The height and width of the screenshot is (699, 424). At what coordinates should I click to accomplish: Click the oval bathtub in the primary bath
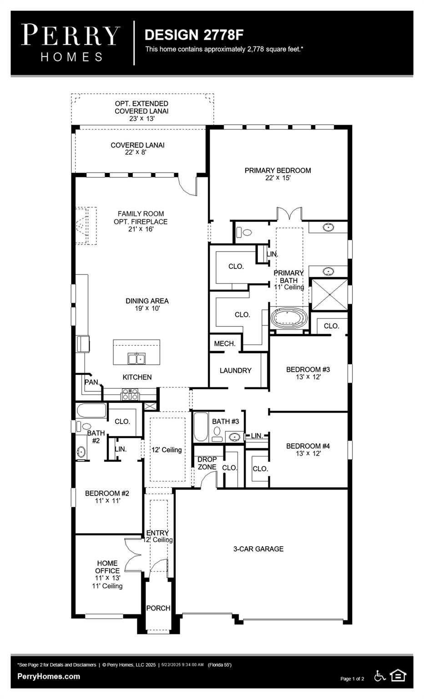click(289, 318)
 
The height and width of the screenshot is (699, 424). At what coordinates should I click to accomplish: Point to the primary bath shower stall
click(328, 294)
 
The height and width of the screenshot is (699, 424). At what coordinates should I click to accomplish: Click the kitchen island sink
click(136, 359)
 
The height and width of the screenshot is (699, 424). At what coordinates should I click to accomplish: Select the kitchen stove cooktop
click(130, 394)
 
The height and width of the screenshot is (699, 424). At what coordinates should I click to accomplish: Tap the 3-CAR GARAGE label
click(258, 549)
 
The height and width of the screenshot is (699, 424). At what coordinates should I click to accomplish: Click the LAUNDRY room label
click(235, 370)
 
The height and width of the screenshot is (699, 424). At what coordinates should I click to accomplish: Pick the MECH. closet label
click(225, 344)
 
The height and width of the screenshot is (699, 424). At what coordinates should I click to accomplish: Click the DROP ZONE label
click(207, 463)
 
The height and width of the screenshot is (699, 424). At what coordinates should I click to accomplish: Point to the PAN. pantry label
click(92, 382)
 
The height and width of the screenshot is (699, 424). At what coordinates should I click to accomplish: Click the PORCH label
click(158, 608)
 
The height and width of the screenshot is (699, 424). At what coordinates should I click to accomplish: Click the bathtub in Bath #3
click(201, 427)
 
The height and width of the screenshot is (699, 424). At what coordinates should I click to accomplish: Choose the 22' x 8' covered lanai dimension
click(136, 152)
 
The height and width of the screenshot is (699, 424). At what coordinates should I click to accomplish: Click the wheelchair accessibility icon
click(379, 676)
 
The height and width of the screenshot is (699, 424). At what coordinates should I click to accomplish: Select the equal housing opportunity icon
click(398, 676)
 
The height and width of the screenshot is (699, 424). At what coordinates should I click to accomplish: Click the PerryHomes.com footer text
click(49, 676)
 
